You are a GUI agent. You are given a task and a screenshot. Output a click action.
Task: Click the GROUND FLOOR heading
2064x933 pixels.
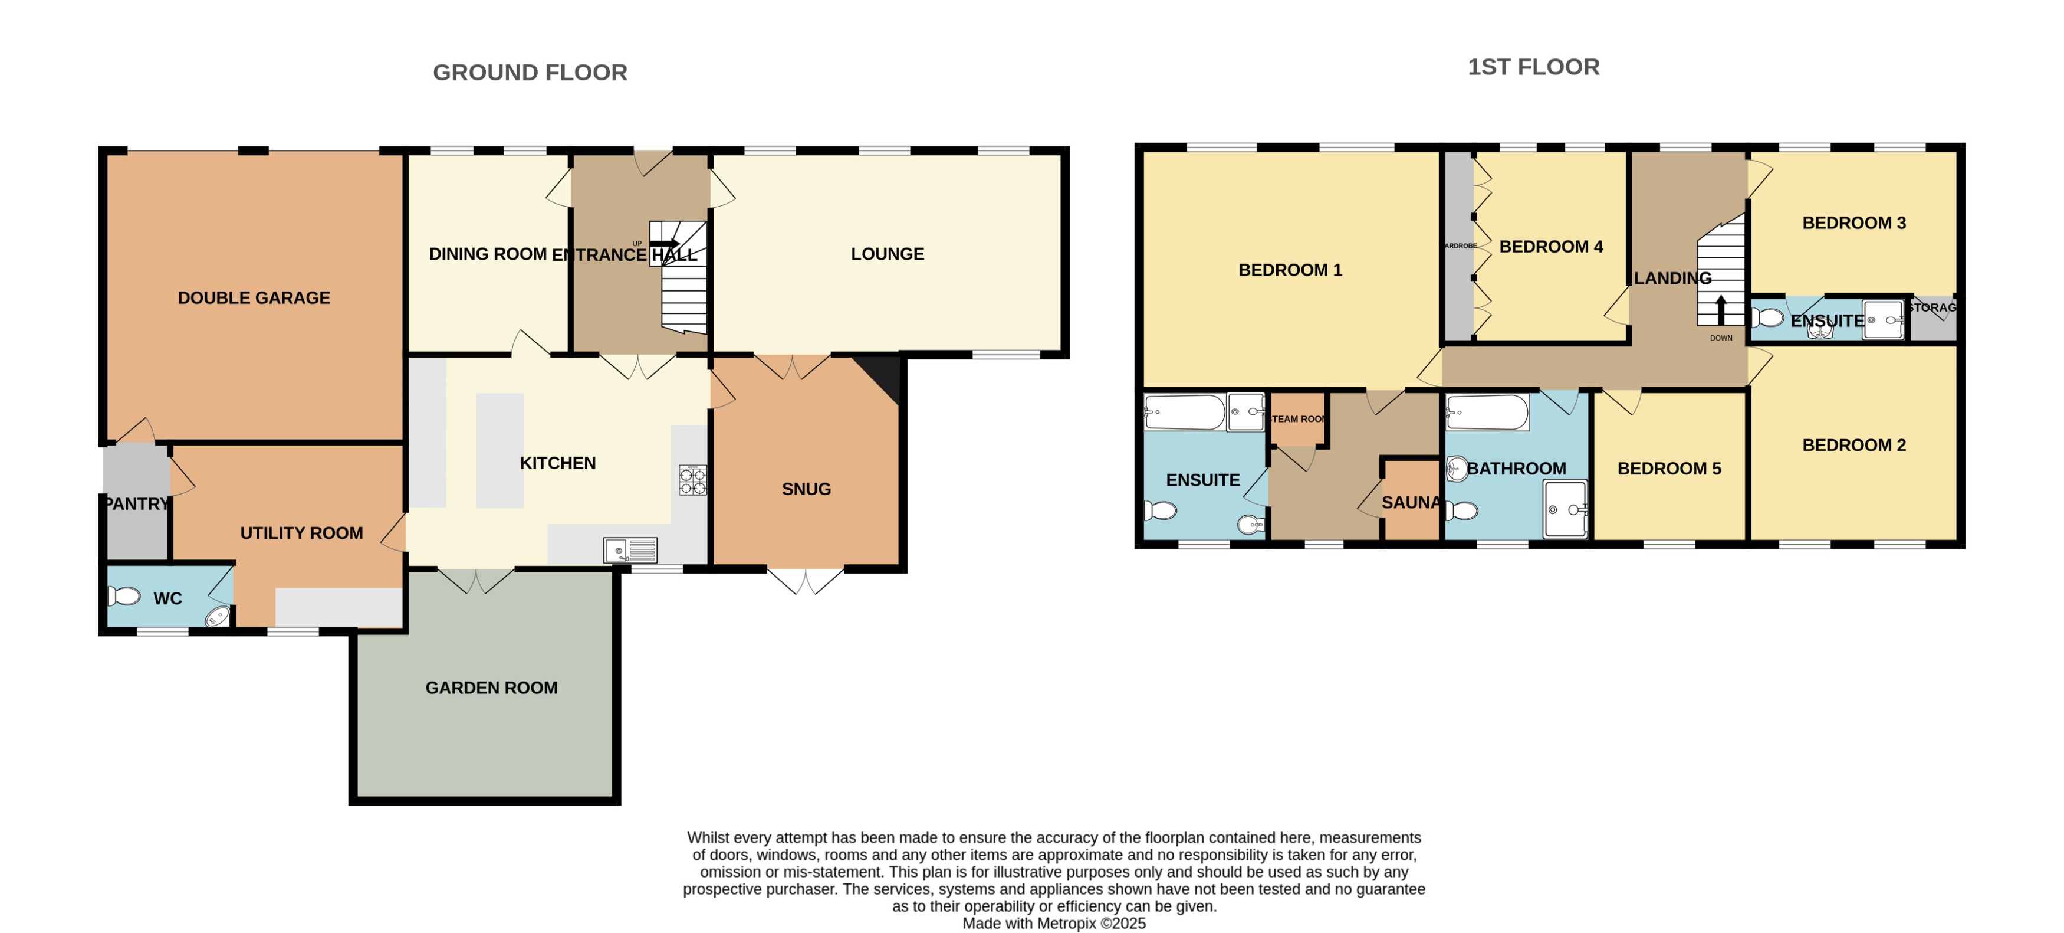[530, 72]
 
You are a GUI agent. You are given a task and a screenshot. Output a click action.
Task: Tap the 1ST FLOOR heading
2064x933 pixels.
[1533, 67]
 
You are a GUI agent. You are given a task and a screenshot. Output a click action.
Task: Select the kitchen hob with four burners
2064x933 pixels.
[692, 480]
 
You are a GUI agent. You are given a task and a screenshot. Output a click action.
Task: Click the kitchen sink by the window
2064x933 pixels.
[630, 551]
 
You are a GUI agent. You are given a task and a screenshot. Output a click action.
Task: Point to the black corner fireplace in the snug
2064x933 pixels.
[882, 377]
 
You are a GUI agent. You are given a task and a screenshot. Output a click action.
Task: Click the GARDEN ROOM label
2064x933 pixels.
[491, 688]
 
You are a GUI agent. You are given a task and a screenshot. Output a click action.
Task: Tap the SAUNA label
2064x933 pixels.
[1410, 503]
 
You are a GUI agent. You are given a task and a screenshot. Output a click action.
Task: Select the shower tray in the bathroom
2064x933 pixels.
[1565, 509]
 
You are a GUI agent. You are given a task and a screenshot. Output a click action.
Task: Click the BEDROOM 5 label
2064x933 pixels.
[1669, 468]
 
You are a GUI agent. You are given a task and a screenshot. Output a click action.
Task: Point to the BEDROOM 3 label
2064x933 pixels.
[1853, 223]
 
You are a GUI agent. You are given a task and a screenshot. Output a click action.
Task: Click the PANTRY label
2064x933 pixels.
[137, 503]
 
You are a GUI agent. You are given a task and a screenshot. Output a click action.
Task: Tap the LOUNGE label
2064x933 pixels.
[887, 254]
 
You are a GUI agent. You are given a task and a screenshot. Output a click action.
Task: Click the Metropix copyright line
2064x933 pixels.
[1054, 924]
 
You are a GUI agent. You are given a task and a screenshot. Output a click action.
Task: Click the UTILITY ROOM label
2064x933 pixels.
[301, 533]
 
